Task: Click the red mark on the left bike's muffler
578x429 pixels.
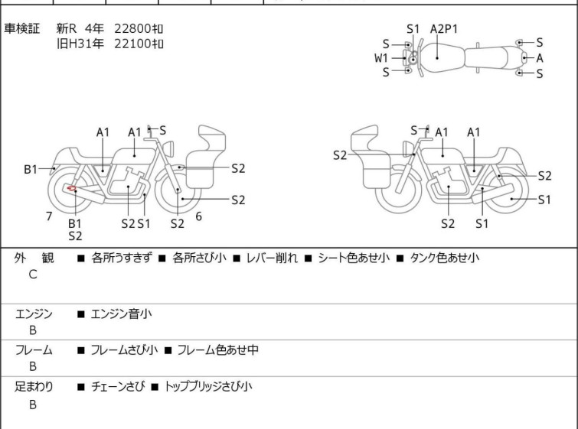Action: (x=71, y=189)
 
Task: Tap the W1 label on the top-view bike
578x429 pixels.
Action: (x=381, y=58)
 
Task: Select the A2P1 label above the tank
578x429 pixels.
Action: (x=444, y=29)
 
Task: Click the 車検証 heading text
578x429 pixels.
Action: (x=21, y=28)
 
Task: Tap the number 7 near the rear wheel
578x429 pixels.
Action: (x=49, y=216)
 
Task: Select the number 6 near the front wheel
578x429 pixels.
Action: (x=199, y=216)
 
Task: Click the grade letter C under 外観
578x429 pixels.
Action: (x=33, y=275)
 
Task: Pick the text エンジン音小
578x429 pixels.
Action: (x=121, y=314)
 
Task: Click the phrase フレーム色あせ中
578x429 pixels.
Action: (x=218, y=349)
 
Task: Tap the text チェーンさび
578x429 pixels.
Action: (x=118, y=386)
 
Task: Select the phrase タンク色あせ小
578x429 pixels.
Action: (x=445, y=258)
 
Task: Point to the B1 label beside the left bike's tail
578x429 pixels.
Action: (x=31, y=170)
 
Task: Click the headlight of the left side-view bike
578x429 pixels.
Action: (x=168, y=149)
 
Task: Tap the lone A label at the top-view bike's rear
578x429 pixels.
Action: (x=540, y=58)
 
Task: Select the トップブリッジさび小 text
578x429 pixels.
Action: (x=208, y=386)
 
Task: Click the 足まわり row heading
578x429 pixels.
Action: (x=34, y=386)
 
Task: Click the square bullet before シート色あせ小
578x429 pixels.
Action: (x=309, y=258)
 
